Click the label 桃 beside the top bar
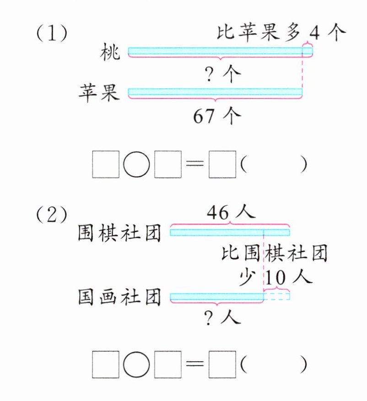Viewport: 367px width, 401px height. [111, 53]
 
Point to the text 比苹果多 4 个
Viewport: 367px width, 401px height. [281, 33]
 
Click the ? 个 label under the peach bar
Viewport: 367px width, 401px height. [224, 73]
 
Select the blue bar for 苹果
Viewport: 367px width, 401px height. [215, 92]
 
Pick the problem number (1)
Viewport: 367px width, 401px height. [52, 34]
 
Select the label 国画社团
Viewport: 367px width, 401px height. [120, 298]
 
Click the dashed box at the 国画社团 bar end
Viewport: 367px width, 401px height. [277, 297]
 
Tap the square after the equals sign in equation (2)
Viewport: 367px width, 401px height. [222, 365]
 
